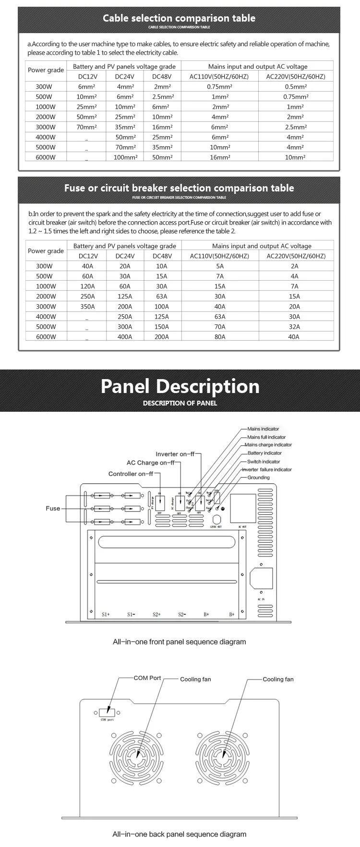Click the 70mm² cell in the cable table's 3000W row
point(87,127)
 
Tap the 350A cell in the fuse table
point(87,307)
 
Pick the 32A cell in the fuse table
point(294,327)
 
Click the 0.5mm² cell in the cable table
point(295,87)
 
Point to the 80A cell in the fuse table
point(220,337)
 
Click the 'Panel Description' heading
point(180,387)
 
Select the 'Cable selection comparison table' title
point(179,19)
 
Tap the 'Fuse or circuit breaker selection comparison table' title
point(179,188)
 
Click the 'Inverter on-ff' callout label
point(175,454)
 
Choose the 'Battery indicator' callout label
point(264,453)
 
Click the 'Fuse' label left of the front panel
point(53,508)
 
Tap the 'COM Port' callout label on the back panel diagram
point(147,678)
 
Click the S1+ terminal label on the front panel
point(106,614)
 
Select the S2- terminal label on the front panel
point(182,614)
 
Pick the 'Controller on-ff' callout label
point(131,474)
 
